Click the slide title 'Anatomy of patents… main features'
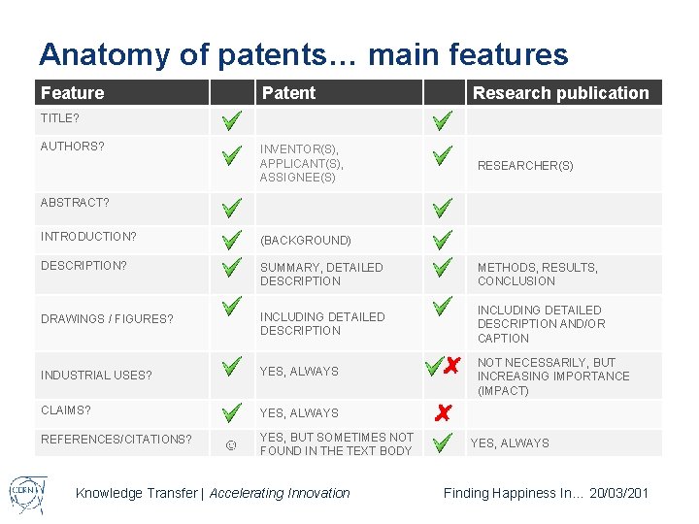(x=303, y=54)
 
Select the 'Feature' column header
(x=73, y=93)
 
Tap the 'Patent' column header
(x=288, y=93)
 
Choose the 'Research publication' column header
(x=560, y=93)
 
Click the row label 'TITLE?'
(x=60, y=118)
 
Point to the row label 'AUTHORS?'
(x=73, y=147)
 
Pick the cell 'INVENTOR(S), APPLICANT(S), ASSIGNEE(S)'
(x=302, y=163)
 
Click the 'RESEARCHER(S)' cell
(x=525, y=166)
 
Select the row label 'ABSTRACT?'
(x=75, y=203)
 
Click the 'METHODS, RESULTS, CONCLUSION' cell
(x=538, y=275)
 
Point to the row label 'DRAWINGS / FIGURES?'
(x=107, y=318)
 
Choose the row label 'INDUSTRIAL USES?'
(x=96, y=375)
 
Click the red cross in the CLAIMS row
(x=442, y=413)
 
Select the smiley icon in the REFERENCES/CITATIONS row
(x=230, y=445)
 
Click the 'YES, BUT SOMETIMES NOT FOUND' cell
(x=336, y=444)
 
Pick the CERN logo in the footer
(x=25, y=492)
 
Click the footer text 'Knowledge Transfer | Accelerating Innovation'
(x=213, y=493)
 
